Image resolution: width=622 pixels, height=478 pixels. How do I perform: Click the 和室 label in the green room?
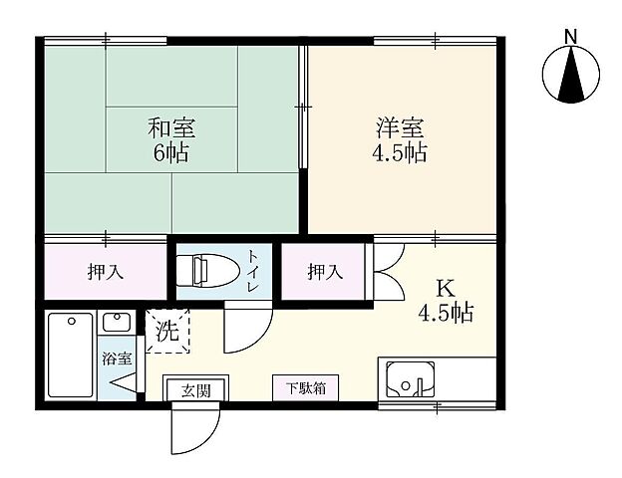[x=170, y=128]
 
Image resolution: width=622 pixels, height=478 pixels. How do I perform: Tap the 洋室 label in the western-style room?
[x=400, y=128]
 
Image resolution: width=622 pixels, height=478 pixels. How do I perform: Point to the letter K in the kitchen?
[x=446, y=289]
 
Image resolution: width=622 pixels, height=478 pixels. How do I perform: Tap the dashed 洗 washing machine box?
[x=167, y=332]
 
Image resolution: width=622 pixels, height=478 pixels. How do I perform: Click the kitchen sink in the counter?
[x=410, y=379]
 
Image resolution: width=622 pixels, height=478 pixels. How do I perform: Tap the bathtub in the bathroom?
[x=70, y=355]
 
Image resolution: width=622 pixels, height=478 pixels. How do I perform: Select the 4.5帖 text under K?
[x=446, y=313]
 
